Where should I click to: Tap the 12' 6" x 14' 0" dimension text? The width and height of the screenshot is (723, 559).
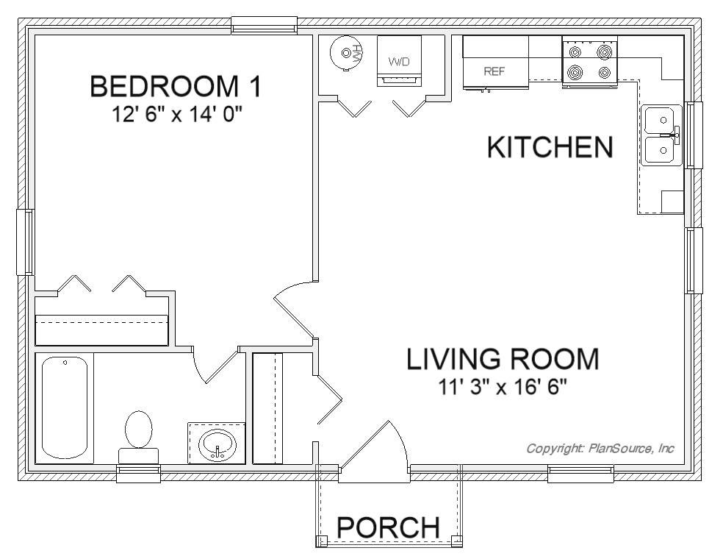(177, 115)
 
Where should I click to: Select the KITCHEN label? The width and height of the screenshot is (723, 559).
(550, 147)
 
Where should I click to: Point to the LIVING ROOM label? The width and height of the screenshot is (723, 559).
(503, 359)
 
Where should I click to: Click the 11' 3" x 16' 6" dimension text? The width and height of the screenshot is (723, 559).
(502, 388)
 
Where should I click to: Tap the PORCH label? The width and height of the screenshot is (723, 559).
(388, 527)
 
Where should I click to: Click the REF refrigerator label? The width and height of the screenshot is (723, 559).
(494, 71)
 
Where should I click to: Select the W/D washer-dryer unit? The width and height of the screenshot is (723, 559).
(399, 61)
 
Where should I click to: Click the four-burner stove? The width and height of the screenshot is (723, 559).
(590, 62)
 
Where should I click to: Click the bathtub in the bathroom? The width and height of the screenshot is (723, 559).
(65, 407)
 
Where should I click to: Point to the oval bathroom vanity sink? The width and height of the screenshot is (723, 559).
(217, 444)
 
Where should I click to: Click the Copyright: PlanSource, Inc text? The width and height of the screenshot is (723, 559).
(600, 448)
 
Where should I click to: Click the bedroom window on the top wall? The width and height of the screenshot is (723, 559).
(265, 25)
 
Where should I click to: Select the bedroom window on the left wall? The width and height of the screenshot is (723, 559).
(25, 242)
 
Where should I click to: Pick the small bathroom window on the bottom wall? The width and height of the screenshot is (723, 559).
(138, 474)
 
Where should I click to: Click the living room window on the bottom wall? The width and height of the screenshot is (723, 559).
(581, 474)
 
